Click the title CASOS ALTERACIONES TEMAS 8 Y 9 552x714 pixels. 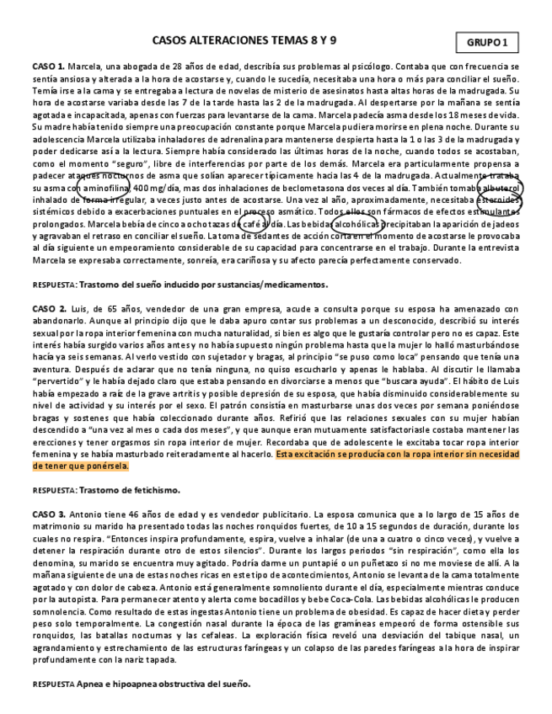pyautogui.click(x=244, y=40)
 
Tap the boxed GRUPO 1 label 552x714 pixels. pyautogui.click(x=487, y=42)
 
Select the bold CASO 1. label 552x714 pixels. pyautogui.click(x=49, y=66)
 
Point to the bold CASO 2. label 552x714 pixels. pyautogui.click(x=49, y=309)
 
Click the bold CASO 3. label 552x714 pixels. pyautogui.click(x=49, y=514)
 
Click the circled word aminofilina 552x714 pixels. pyautogui.click(x=105, y=187)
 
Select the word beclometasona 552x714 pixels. pyautogui.click(x=294, y=187)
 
